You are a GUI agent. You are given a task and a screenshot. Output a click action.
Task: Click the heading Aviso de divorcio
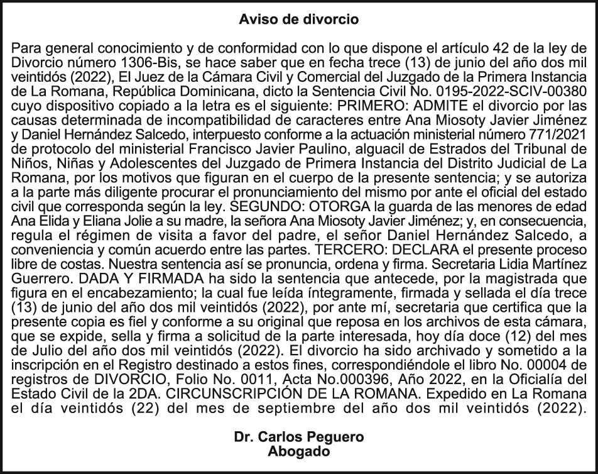tap(299, 19)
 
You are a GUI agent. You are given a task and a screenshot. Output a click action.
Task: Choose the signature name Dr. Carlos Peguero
tap(299, 437)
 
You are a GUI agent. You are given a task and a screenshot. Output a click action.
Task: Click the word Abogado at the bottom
tap(299, 450)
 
